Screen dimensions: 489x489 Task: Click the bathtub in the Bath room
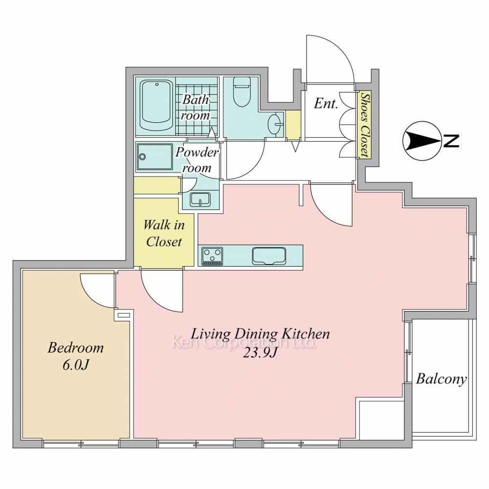156,106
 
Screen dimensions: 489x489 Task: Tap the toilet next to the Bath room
242,92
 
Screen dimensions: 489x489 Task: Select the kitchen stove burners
212,256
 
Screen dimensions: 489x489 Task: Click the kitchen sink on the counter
269,256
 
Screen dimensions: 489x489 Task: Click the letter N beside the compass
451,141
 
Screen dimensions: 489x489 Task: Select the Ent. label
326,104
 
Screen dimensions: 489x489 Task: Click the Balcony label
441,379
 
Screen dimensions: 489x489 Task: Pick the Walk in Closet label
164,233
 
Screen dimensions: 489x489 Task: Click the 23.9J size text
260,353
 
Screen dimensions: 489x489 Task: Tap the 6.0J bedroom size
76,365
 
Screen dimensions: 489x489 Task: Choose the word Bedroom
75,348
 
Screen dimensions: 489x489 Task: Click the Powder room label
197,160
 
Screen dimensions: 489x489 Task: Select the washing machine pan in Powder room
155,157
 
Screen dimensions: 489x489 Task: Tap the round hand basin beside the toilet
275,124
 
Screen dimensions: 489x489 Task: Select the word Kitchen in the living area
306,334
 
